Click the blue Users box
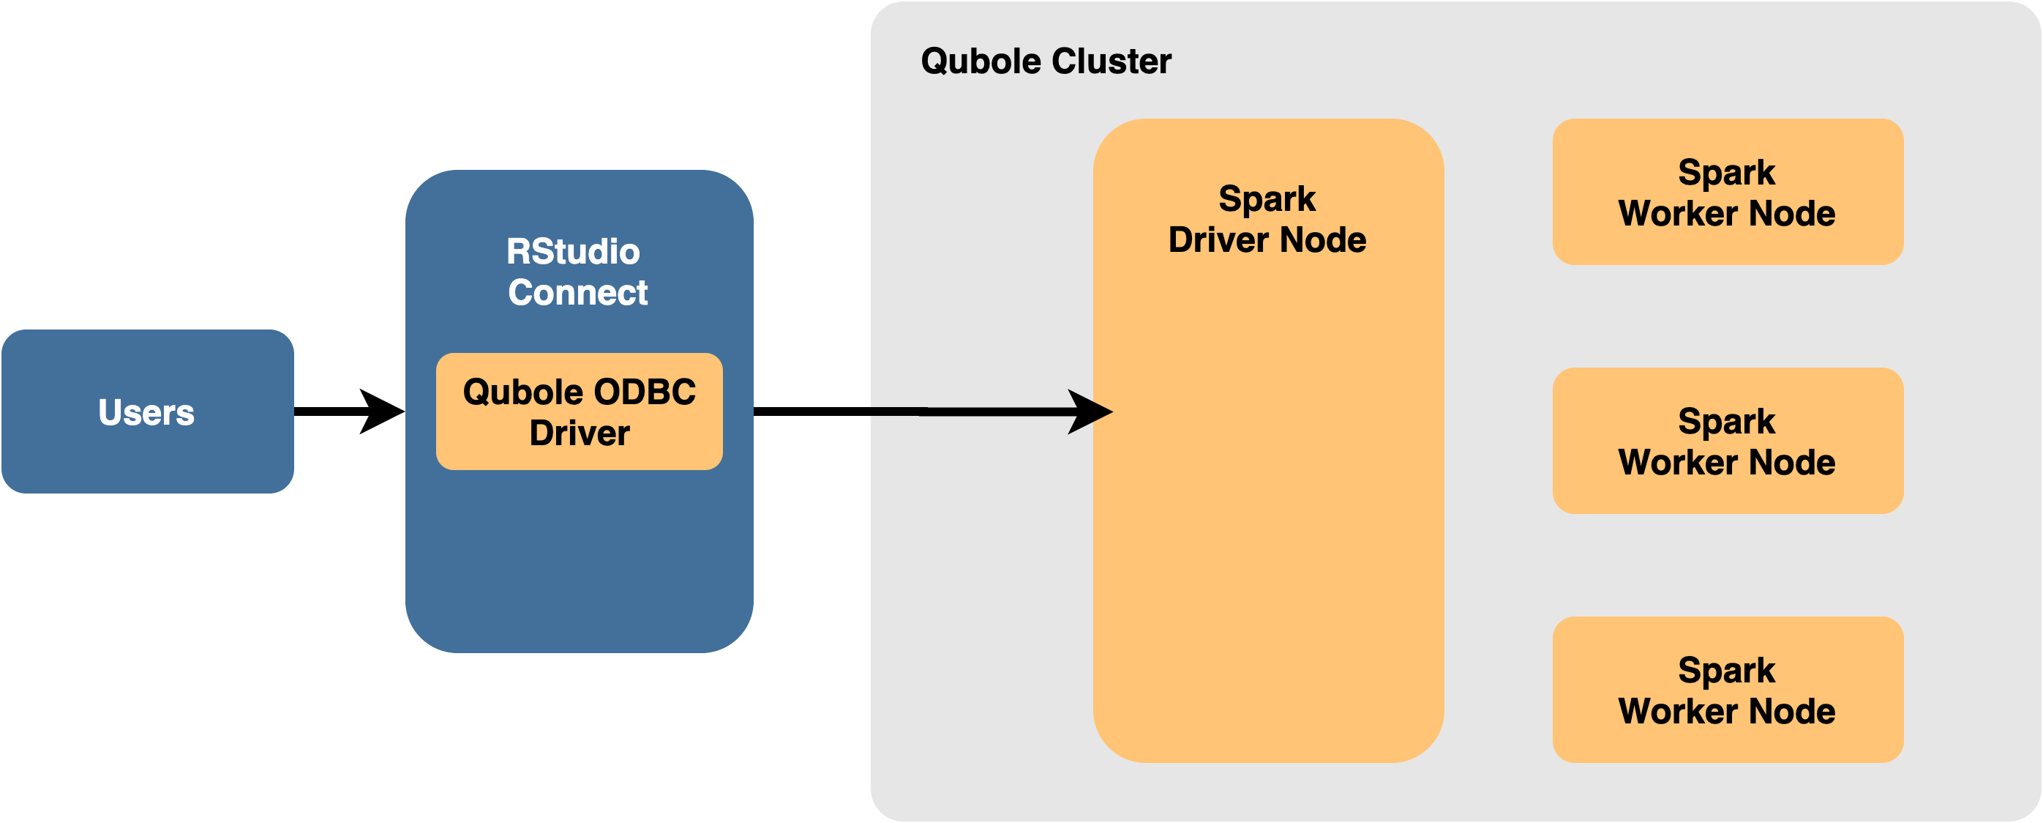click(x=148, y=411)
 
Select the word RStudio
click(x=573, y=252)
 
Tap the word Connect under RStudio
click(x=578, y=293)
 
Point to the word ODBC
click(x=644, y=392)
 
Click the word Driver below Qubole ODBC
click(x=579, y=433)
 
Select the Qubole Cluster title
click(x=1046, y=61)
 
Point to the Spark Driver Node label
click(x=1267, y=219)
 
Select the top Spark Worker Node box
click(x=1728, y=192)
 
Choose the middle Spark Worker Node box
click(x=1728, y=441)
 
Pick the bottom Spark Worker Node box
click(x=1728, y=690)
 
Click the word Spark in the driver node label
click(x=1267, y=199)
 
